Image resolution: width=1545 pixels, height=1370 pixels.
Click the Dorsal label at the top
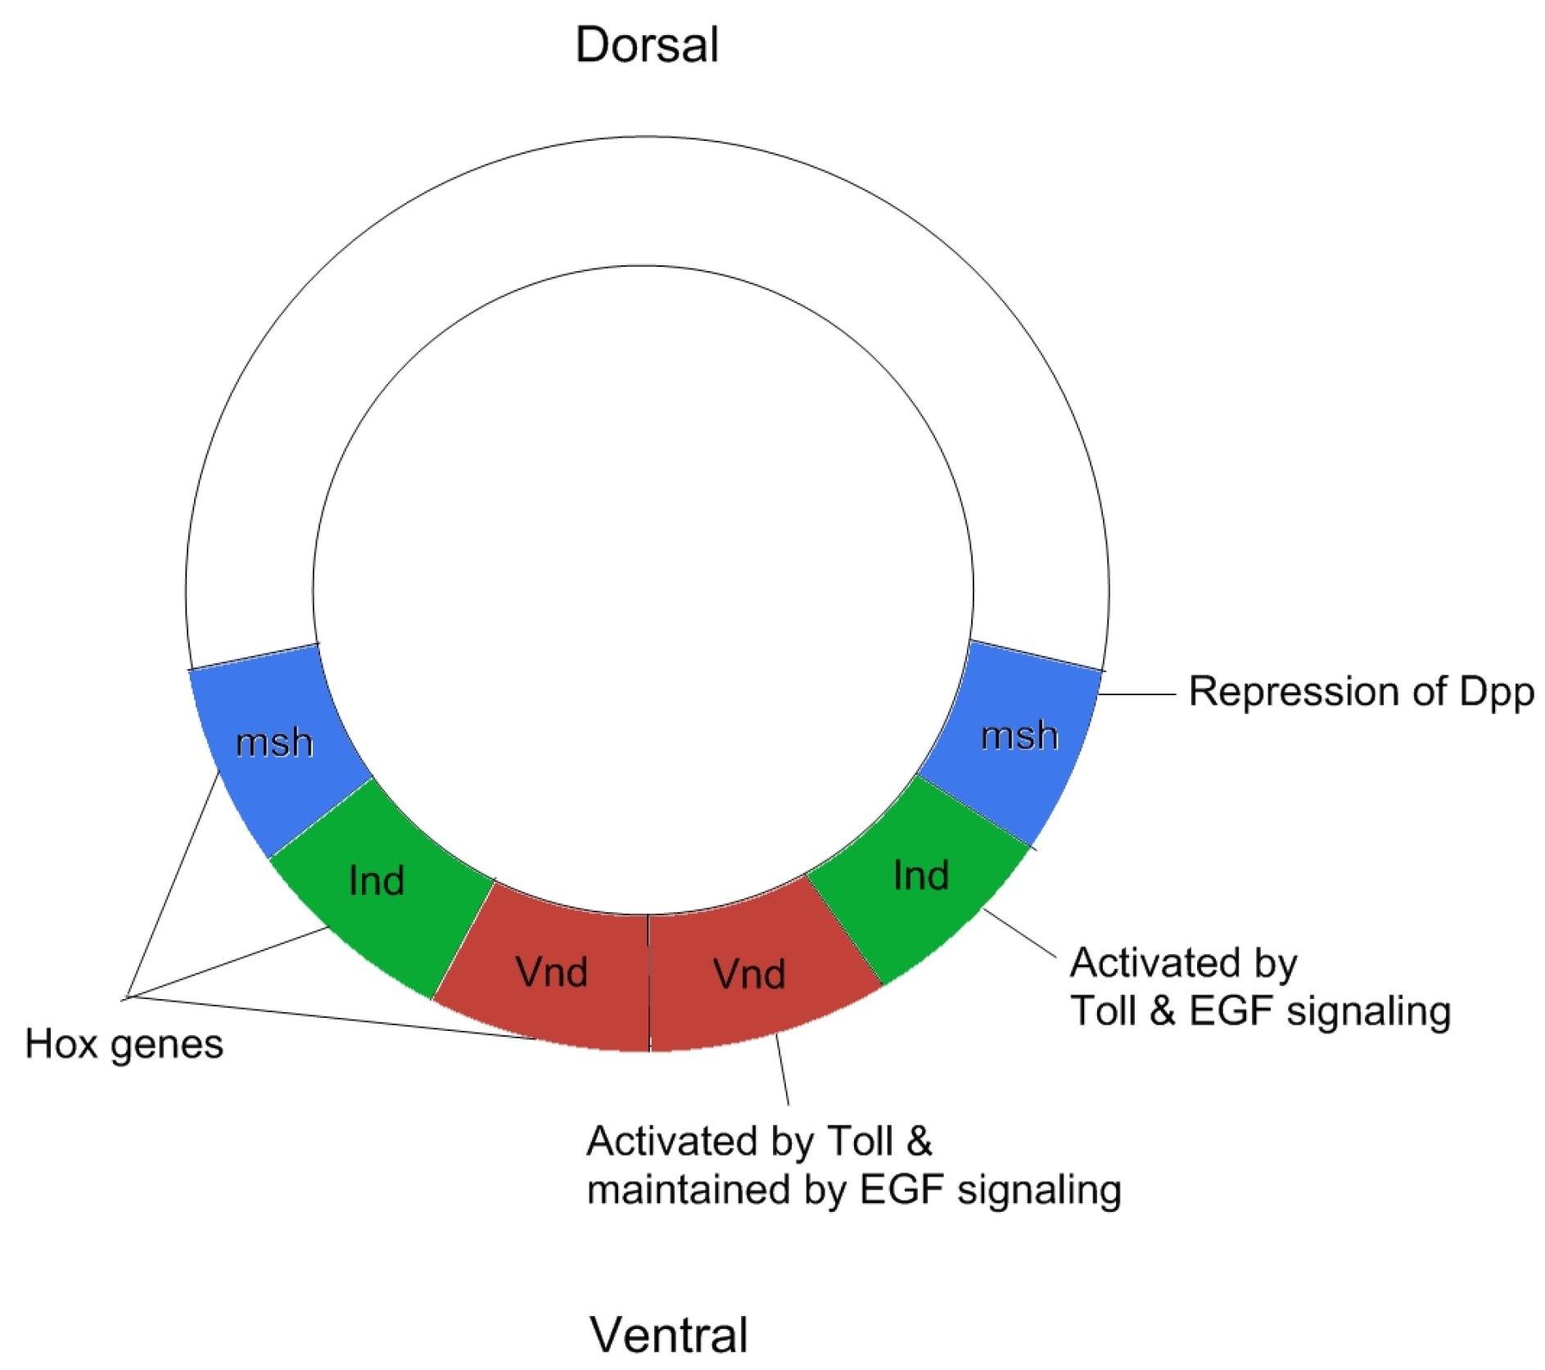646,45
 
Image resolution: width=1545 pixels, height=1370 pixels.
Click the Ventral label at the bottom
668,1335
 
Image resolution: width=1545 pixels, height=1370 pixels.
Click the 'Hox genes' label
124,1045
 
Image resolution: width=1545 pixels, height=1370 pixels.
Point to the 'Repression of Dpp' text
1360,692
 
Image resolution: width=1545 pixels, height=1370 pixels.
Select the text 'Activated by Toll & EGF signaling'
1259,987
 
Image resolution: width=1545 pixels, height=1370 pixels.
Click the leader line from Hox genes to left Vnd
328,1017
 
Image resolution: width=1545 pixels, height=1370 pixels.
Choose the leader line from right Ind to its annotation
1019,933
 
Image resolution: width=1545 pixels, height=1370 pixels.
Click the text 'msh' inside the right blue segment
1019,735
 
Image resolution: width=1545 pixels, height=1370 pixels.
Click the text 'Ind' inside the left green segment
376,881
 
